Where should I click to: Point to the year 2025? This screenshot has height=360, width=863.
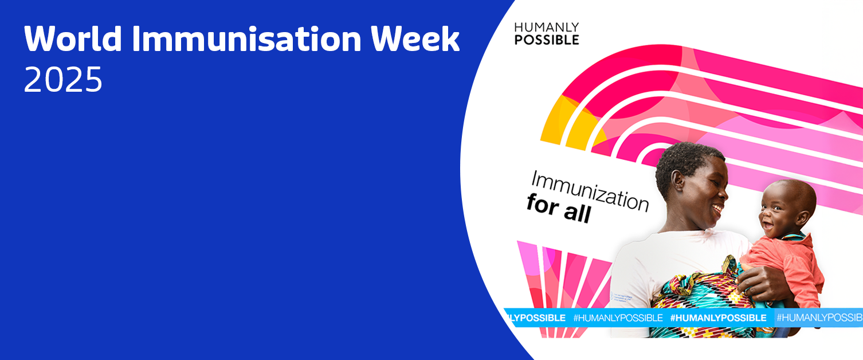(63, 80)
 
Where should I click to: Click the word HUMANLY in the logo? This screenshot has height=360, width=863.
(546, 28)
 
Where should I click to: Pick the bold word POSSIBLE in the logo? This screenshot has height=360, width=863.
(547, 40)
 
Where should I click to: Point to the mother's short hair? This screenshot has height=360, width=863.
(685, 160)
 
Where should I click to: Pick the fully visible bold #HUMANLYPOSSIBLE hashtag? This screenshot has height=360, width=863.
(718, 318)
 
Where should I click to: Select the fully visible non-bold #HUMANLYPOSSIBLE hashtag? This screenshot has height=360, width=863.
(618, 318)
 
